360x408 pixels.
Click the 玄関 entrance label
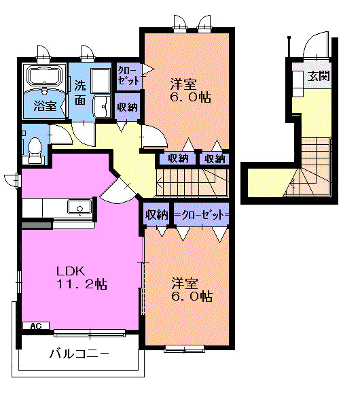[x=318, y=75]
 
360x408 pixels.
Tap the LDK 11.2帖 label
[x=82, y=277]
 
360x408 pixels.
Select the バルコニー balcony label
[x=79, y=354]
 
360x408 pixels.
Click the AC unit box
[x=36, y=326]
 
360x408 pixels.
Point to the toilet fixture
[x=35, y=151]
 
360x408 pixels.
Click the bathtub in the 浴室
[x=45, y=75]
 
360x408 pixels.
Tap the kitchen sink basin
[x=79, y=207]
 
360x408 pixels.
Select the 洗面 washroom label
[x=80, y=92]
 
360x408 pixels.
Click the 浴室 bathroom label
[x=46, y=106]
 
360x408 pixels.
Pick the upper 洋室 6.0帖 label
[x=190, y=90]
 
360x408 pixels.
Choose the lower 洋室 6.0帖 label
[x=192, y=290]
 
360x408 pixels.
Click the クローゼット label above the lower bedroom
[x=202, y=215]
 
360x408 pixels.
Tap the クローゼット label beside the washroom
[x=128, y=75]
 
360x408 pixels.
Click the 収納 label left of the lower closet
[x=156, y=215]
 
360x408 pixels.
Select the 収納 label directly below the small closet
[x=127, y=107]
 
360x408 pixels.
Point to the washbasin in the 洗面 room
[x=102, y=107]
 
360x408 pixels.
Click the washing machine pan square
[x=101, y=80]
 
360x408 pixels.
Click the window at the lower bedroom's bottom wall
[x=184, y=349]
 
